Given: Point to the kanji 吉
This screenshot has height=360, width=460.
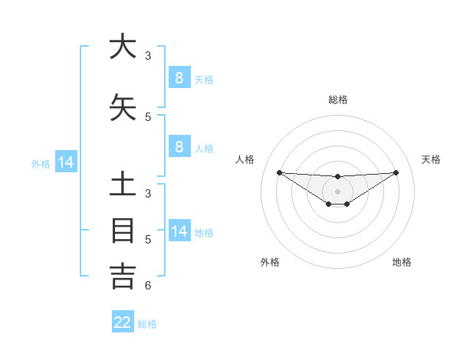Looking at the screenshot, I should pos(123,276).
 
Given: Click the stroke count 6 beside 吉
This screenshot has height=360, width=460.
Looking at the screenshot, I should pos(148,286).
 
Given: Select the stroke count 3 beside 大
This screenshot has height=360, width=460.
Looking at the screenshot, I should pos(148,56).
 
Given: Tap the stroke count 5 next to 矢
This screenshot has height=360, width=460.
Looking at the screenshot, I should pos(148,117).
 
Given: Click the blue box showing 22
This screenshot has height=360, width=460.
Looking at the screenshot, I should pos(123,322).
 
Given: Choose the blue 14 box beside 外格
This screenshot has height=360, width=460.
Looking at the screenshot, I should pos(65,162).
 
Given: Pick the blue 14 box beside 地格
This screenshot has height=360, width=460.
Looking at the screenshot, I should pos(179,231).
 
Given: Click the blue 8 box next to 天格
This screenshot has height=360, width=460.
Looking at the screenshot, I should pos(179,77).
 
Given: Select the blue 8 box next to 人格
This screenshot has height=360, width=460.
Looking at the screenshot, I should pos(179,147).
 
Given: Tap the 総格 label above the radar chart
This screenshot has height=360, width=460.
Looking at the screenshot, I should pos(338,100).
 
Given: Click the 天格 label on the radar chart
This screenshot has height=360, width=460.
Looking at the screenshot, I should pos(432,159).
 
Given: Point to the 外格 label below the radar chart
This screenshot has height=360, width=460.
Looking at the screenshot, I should pos(270,262).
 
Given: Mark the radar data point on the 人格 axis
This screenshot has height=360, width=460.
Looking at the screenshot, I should pos(279,172).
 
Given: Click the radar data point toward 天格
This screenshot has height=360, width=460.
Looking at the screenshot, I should pos(396,172).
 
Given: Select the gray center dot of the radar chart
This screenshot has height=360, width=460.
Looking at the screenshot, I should pos(338,191).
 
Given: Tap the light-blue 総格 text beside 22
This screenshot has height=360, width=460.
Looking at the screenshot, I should pos(147,324).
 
